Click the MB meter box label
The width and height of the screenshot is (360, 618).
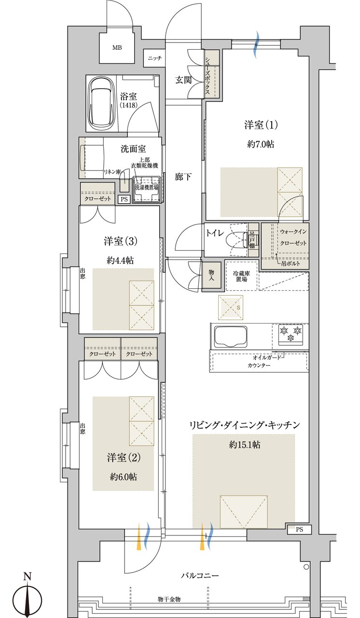point(117,48)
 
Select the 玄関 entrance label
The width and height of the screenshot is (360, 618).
point(184,80)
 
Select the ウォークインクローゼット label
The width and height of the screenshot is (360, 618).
point(293,237)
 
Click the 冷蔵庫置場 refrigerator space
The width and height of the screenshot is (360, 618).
point(241,276)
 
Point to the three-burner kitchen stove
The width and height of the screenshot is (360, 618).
point(291,334)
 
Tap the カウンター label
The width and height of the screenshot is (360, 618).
point(259,365)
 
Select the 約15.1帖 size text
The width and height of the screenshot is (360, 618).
point(245,445)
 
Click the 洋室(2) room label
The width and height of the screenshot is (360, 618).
point(124,456)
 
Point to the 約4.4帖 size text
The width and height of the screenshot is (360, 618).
point(120,260)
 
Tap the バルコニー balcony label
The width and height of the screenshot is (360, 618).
point(200,576)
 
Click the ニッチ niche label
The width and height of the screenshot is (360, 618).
point(155,58)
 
